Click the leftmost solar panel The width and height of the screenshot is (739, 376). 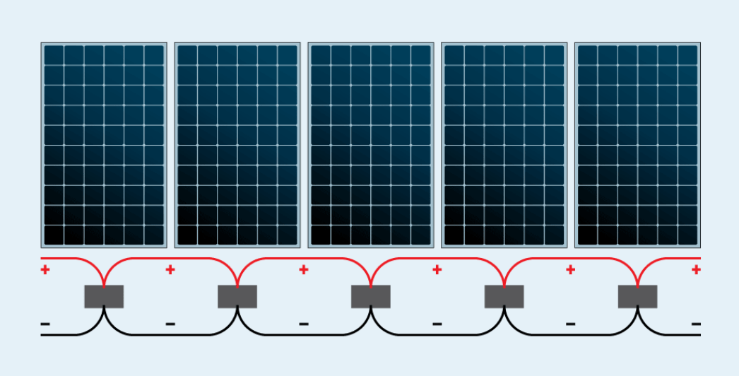tap(104, 145)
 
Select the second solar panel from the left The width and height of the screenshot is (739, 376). tap(237, 145)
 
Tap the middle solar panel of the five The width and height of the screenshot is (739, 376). tap(371, 145)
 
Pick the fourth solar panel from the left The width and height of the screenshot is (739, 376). tap(504, 145)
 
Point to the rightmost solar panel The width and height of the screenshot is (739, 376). tap(637, 145)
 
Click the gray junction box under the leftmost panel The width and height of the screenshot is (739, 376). tap(104, 296)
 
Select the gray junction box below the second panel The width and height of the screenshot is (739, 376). tap(237, 296)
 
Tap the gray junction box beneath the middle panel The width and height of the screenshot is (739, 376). tap(371, 296)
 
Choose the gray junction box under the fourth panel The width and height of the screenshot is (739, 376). tap(504, 296)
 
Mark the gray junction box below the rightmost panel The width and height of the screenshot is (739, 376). tap(637, 296)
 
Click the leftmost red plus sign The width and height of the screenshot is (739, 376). tap(45, 269)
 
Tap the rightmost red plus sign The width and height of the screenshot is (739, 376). tap(696, 269)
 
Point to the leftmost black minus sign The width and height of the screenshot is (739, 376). tap(45, 324)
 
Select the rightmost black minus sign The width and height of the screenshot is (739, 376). tap(696, 324)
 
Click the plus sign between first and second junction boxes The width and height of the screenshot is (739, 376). tap(170, 269)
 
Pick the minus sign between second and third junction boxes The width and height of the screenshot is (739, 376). tap(304, 324)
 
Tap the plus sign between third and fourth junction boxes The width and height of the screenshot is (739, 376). tap(437, 269)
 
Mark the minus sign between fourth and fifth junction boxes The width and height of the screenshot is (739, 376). tap(570, 324)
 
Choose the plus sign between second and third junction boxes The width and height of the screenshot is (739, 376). tap(304, 269)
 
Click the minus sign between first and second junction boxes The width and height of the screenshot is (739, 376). tap(170, 324)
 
